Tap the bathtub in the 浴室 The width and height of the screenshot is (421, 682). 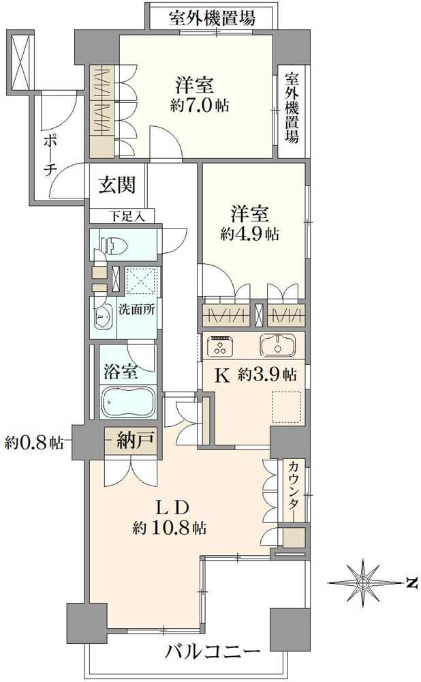[129, 402]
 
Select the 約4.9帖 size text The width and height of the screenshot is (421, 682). [249, 233]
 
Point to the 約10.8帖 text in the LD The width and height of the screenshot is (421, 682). [170, 527]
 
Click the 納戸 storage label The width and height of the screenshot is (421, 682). [132, 442]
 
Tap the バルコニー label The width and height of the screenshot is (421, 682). [212, 653]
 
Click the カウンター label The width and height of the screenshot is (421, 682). [294, 491]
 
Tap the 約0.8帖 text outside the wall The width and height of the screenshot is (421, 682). [33, 442]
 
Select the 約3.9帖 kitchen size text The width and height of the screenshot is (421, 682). [266, 374]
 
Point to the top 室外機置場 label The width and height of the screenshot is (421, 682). [212, 18]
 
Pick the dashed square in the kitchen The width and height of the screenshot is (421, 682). [286, 408]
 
